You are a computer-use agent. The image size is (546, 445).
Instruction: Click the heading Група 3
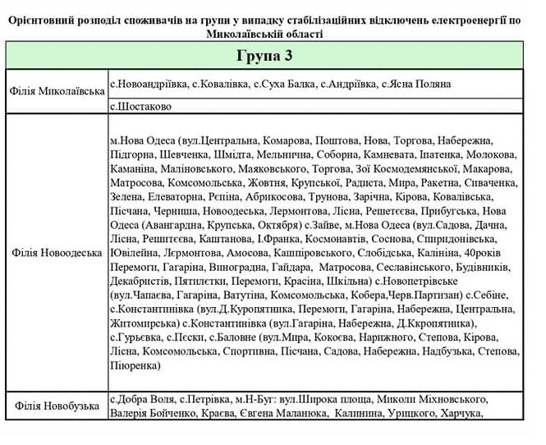[264, 56]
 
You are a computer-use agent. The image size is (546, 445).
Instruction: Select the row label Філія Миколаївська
[57, 90]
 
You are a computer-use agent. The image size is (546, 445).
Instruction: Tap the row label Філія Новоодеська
[57, 252]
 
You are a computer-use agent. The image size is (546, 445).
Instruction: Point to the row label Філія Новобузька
[57, 406]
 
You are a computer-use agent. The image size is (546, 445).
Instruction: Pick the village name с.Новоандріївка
[147, 84]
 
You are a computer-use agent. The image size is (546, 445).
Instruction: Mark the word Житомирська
[143, 323]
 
